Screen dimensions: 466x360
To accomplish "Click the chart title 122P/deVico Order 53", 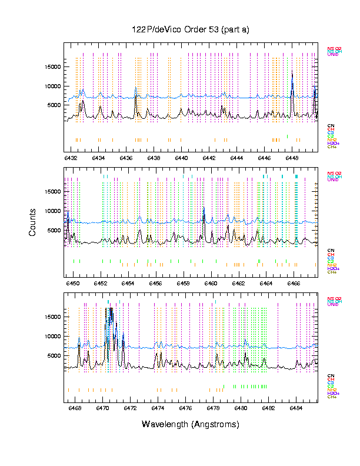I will tap(190, 30).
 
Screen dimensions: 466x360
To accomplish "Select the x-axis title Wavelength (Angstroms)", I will tap(190, 424).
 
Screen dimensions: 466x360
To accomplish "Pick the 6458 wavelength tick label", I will tap(184, 283).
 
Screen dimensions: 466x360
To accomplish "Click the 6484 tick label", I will tap(296, 408).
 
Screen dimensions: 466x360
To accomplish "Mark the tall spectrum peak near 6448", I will tap(292, 72).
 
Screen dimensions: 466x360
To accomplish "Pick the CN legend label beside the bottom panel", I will tap(331, 375).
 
